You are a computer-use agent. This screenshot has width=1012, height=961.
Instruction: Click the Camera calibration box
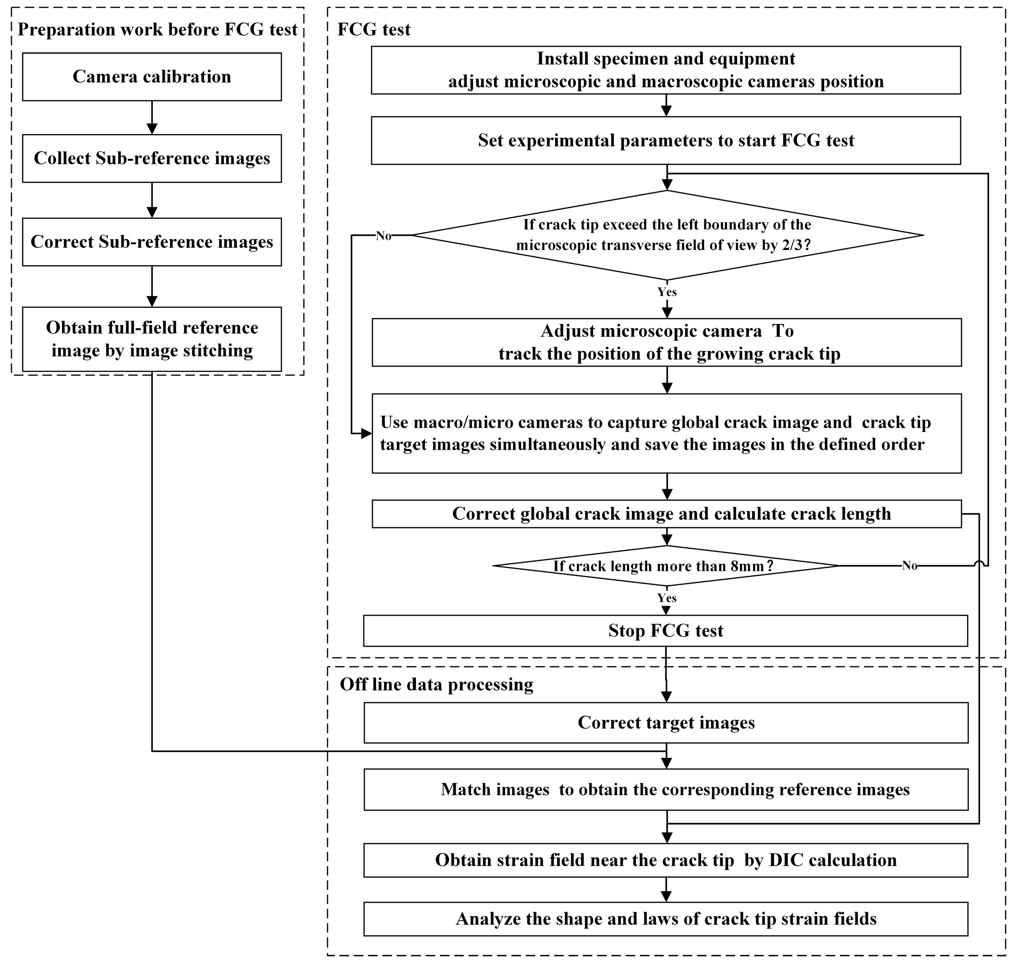[152, 77]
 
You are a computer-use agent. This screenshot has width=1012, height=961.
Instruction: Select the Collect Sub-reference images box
[152, 158]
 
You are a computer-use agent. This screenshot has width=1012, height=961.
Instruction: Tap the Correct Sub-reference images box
[152, 242]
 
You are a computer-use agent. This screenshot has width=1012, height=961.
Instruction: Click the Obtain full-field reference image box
[152, 339]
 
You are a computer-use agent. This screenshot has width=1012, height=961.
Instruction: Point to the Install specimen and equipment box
[666, 70]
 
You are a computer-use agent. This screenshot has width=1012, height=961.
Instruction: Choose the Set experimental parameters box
[666, 140]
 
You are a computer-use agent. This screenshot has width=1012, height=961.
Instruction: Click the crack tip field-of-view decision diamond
[667, 235]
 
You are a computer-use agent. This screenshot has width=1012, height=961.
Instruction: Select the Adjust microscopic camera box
[667, 342]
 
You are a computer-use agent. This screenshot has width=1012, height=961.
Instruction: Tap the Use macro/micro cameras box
[667, 433]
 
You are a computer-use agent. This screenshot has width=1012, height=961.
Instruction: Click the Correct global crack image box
[667, 514]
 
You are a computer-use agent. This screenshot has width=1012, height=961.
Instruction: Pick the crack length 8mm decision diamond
[666, 566]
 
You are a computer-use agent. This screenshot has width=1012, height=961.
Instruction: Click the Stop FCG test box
[666, 631]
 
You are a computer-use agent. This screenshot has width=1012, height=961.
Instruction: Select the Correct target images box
[666, 722]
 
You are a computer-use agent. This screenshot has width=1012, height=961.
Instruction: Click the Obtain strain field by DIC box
[666, 860]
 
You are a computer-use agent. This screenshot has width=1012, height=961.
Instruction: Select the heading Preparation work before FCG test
[158, 30]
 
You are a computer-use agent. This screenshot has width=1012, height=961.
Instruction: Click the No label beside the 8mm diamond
[909, 566]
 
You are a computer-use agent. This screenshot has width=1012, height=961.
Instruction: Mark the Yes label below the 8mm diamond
[667, 598]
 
